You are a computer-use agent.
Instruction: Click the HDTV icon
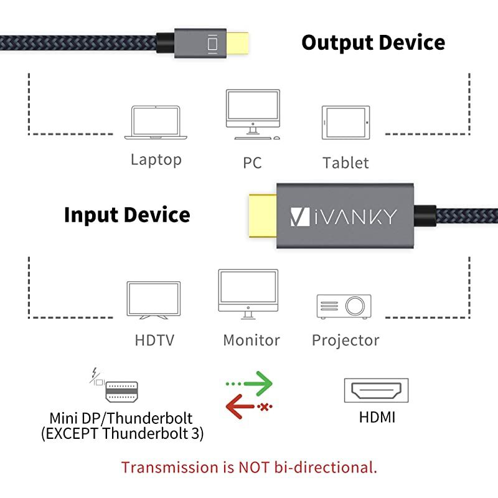click(x=154, y=301)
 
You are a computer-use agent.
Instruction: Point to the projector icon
click(x=344, y=306)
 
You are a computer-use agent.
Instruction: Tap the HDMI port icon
click(x=377, y=390)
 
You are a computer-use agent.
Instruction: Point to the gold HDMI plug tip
click(x=262, y=216)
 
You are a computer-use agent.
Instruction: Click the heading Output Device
click(x=373, y=42)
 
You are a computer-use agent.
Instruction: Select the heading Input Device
click(x=127, y=215)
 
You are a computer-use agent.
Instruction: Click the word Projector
click(x=345, y=341)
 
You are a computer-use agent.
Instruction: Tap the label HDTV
click(x=154, y=341)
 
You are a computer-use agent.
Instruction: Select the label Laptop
click(x=156, y=160)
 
